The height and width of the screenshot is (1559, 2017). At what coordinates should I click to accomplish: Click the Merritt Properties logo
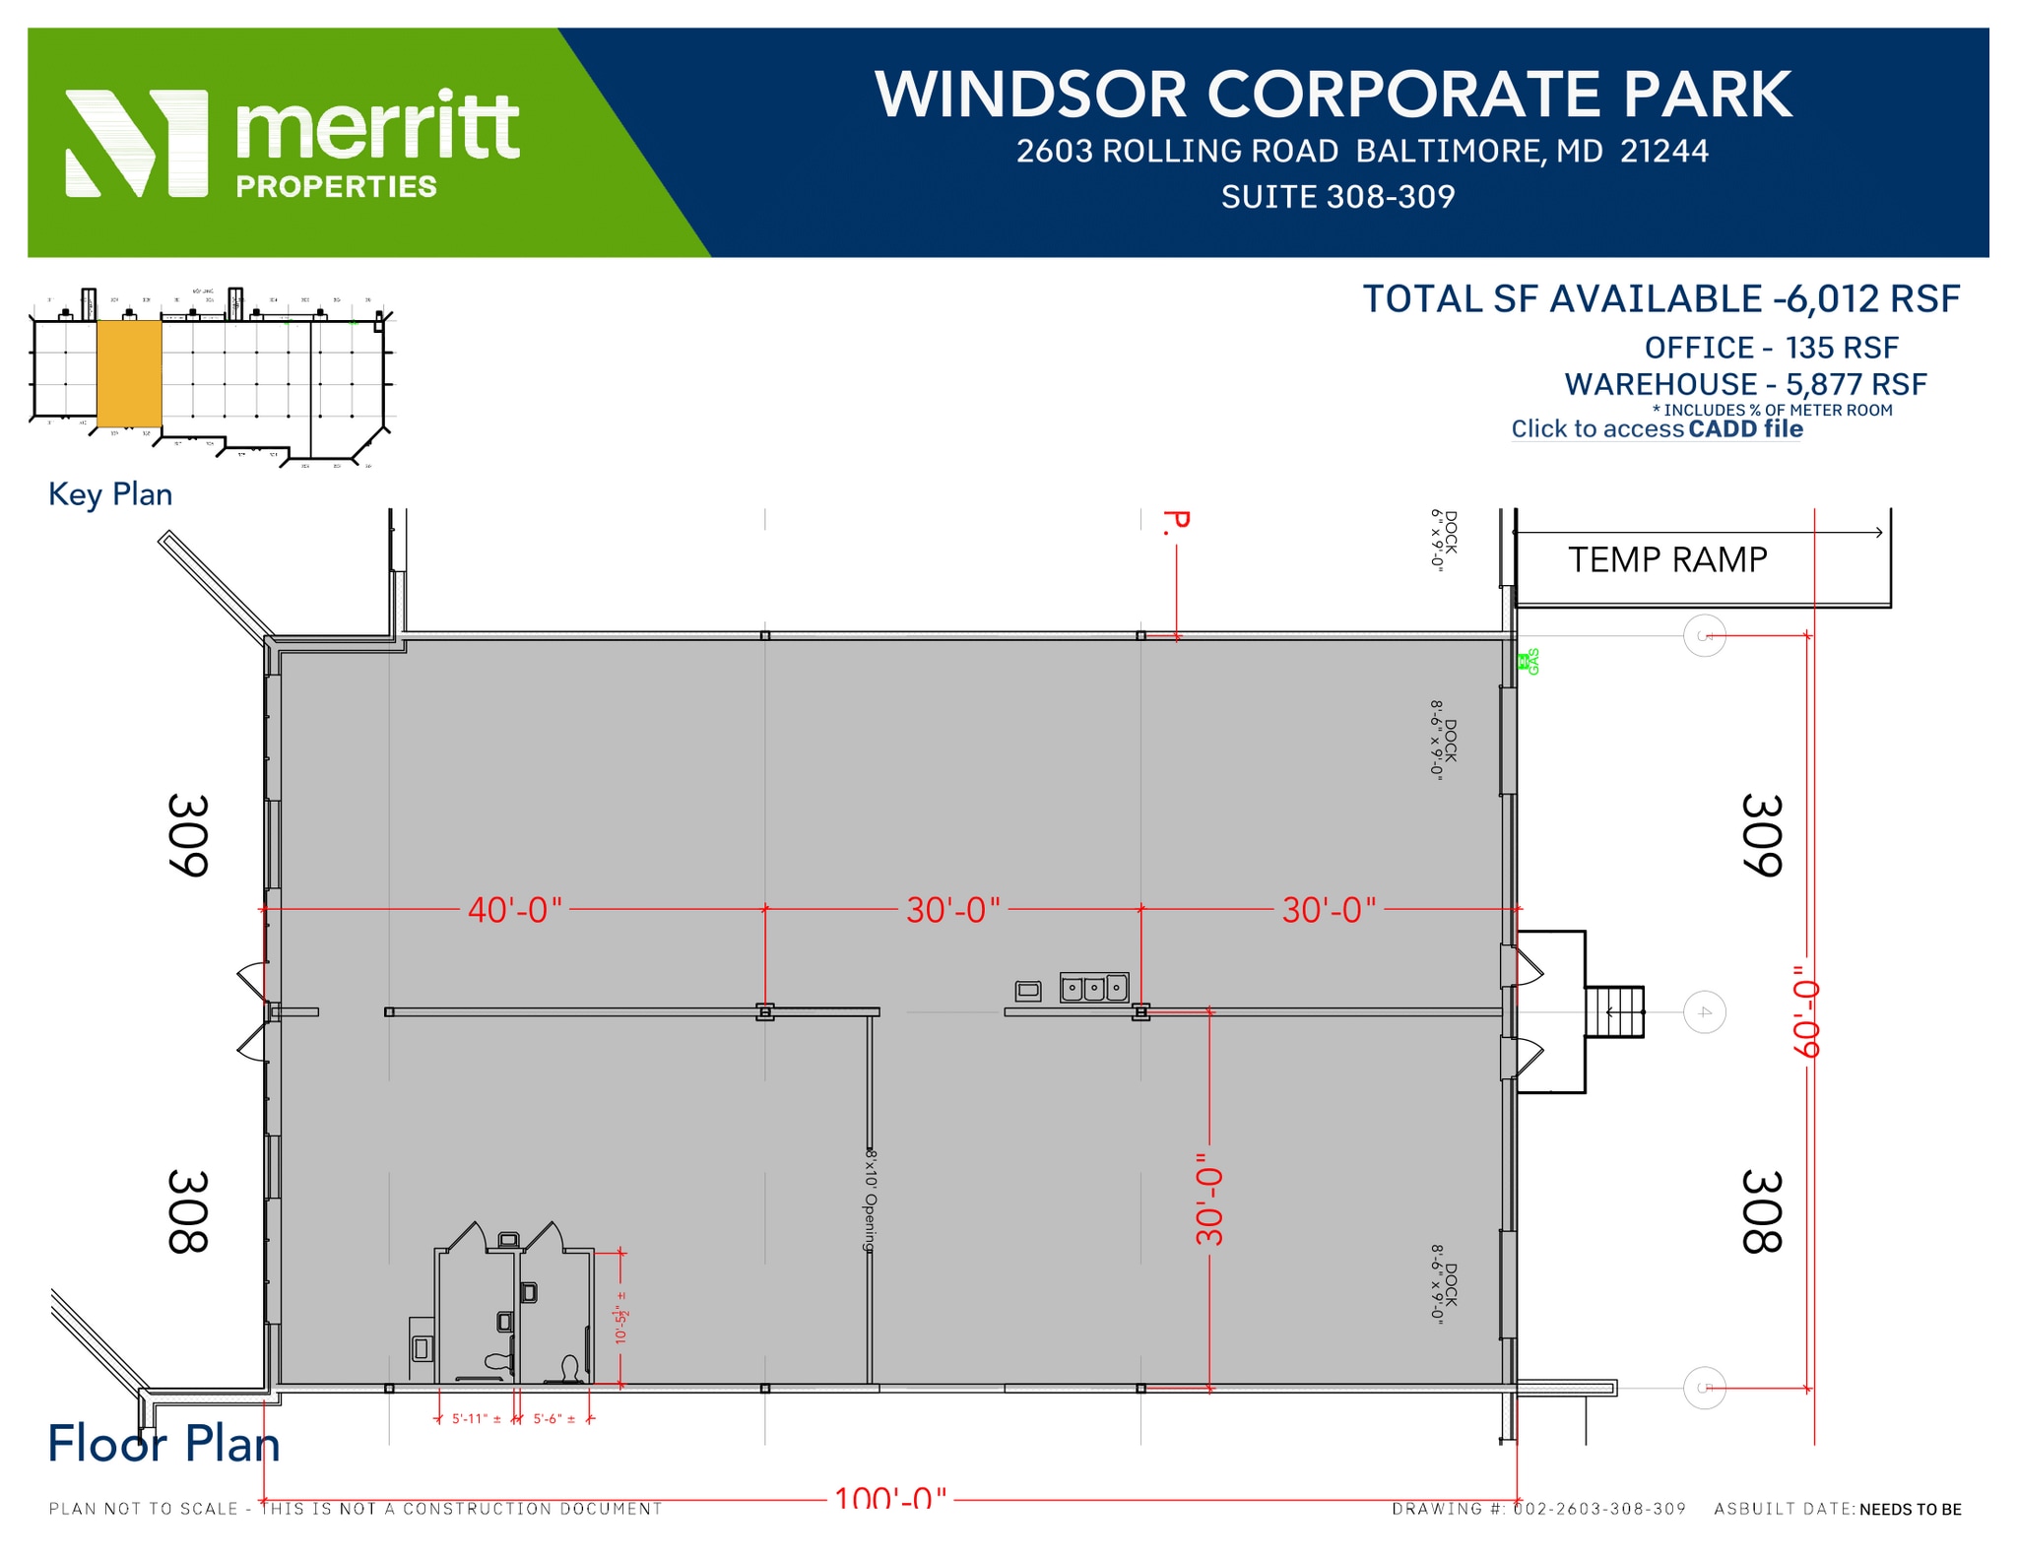click(292, 144)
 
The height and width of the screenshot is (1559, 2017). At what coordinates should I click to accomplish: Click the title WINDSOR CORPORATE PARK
click(1333, 96)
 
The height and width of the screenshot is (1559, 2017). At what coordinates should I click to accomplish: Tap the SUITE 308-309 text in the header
click(1337, 197)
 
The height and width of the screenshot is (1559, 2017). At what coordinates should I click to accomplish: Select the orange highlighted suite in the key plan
click(129, 372)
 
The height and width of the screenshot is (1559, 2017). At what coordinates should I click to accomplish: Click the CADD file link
click(1745, 429)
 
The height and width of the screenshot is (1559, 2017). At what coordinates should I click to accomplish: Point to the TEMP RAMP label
click(1666, 559)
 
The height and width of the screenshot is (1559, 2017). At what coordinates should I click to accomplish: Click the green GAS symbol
click(1529, 662)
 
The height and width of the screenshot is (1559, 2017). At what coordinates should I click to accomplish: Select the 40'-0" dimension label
click(514, 910)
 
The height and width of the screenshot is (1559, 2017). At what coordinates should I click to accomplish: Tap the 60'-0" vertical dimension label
click(1804, 1010)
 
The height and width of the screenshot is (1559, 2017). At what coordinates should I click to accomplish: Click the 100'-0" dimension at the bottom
click(890, 1499)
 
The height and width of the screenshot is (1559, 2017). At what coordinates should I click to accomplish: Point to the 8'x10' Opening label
click(870, 1200)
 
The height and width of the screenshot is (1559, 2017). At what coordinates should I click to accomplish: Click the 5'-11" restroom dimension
click(477, 1419)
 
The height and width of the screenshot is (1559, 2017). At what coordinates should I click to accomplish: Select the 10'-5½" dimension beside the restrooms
click(621, 1324)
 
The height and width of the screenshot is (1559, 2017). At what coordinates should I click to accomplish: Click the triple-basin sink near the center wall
click(1093, 987)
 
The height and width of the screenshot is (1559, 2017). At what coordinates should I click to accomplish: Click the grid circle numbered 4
click(1705, 1012)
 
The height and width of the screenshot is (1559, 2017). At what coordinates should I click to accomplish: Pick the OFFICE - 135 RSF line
click(1771, 348)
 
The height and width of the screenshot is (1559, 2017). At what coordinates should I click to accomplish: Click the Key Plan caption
click(110, 494)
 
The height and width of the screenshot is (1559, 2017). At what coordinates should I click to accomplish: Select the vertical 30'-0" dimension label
click(1209, 1200)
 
